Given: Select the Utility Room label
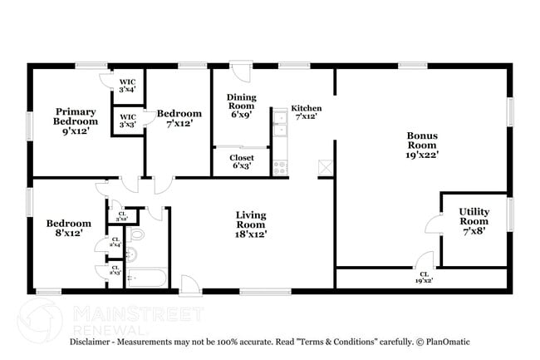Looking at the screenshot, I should pos(474,221).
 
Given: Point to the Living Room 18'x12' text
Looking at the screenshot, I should pos(250,224).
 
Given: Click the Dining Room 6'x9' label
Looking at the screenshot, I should pos(242,106).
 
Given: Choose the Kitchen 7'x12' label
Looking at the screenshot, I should pos(307,113).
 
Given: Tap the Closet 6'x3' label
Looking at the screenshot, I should pos(242,161).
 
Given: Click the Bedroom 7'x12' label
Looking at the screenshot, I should pos(179,118).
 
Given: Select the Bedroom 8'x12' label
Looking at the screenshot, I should pos(68,228).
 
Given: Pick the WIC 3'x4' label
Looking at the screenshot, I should pos(127,84).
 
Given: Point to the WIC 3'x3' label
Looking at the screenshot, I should pos(127,121).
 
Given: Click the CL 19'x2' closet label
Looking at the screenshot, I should pos(425,278).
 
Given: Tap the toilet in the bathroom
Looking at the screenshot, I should pos(138,234).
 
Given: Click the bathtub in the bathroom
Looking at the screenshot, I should pos(146,279).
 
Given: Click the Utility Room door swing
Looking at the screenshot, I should pos(433,224).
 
